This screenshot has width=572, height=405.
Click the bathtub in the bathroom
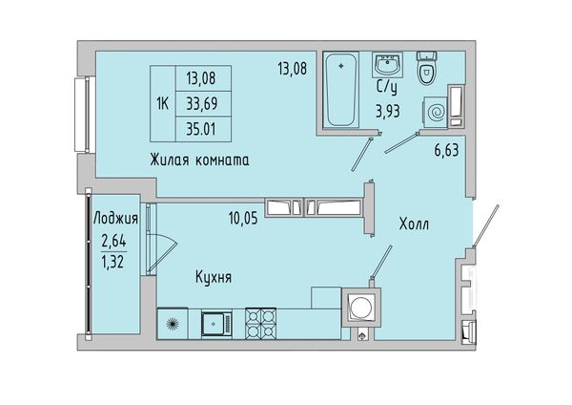pyautogui.click(x=341, y=90)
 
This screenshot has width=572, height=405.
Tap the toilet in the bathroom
pyautogui.click(x=426, y=68)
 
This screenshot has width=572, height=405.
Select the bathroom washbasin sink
pyautogui.click(x=387, y=65)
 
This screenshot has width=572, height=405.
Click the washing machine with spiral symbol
pyautogui.click(x=436, y=112)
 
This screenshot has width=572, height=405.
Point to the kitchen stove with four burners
pyautogui.click(x=260, y=324)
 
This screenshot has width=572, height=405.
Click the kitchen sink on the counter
pyautogui.click(x=216, y=324)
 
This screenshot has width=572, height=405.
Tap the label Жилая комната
pyautogui.click(x=199, y=160)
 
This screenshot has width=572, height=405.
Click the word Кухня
pyautogui.click(x=214, y=277)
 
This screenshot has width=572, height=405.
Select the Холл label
pyautogui.click(x=414, y=224)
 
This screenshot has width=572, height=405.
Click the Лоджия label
pyautogui.click(x=115, y=218)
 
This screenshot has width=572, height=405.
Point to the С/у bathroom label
pyautogui.click(x=387, y=88)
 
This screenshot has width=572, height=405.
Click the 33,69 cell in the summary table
pyautogui.click(x=203, y=104)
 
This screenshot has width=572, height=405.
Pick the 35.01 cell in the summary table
pyautogui.click(x=203, y=129)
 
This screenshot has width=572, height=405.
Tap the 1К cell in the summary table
pyautogui.click(x=163, y=104)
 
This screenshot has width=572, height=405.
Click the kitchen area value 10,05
pyautogui.click(x=243, y=218)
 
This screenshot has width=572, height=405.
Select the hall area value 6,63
pyautogui.click(x=446, y=150)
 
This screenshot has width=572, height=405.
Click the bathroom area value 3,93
pyautogui.click(x=388, y=111)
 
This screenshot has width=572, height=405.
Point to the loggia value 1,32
pyautogui.click(x=112, y=262)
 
